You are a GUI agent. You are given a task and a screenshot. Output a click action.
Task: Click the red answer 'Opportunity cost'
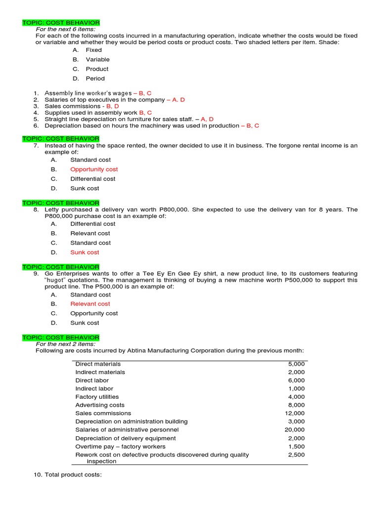[94, 169]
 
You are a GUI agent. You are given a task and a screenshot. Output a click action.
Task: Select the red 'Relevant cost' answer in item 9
[90, 304]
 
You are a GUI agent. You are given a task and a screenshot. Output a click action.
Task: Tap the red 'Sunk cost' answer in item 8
[85, 253]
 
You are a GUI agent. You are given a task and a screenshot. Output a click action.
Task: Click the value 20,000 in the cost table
[295, 430]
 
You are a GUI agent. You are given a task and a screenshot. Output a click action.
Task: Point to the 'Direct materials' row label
[98, 364]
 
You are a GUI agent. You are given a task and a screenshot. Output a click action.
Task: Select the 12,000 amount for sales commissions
[295, 413]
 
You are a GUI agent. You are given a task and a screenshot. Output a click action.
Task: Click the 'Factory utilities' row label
[97, 397]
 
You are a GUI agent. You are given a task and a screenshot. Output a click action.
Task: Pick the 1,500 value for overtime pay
[297, 446]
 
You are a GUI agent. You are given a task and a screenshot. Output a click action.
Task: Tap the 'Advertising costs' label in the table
[100, 405]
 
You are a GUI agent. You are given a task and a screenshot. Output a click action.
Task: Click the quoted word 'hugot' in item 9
[58, 280]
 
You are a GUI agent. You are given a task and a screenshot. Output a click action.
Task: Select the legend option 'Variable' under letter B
[97, 60]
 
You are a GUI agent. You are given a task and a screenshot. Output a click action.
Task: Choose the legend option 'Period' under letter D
[95, 79]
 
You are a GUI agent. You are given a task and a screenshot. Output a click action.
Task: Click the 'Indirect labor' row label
[94, 388]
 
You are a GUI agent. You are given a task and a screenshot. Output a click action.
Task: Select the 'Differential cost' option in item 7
[93, 179]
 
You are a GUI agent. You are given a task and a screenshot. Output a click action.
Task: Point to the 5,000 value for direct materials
[297, 364]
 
